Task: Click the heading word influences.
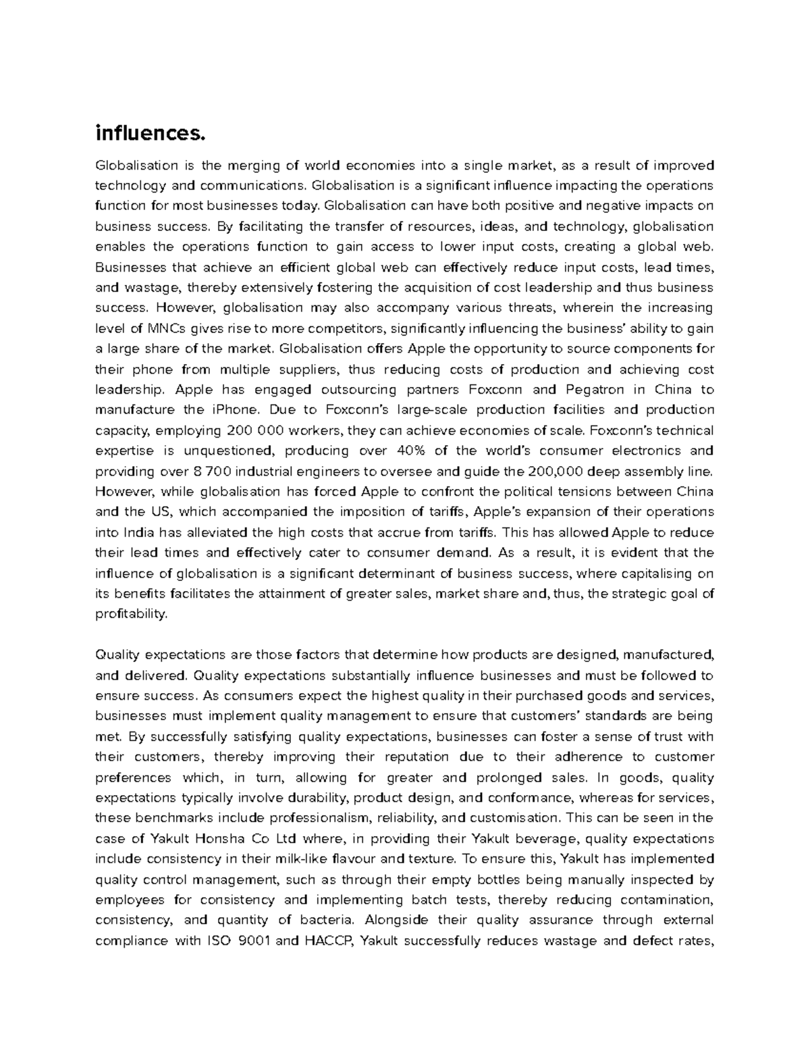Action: [149, 134]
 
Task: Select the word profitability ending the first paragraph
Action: [131, 614]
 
